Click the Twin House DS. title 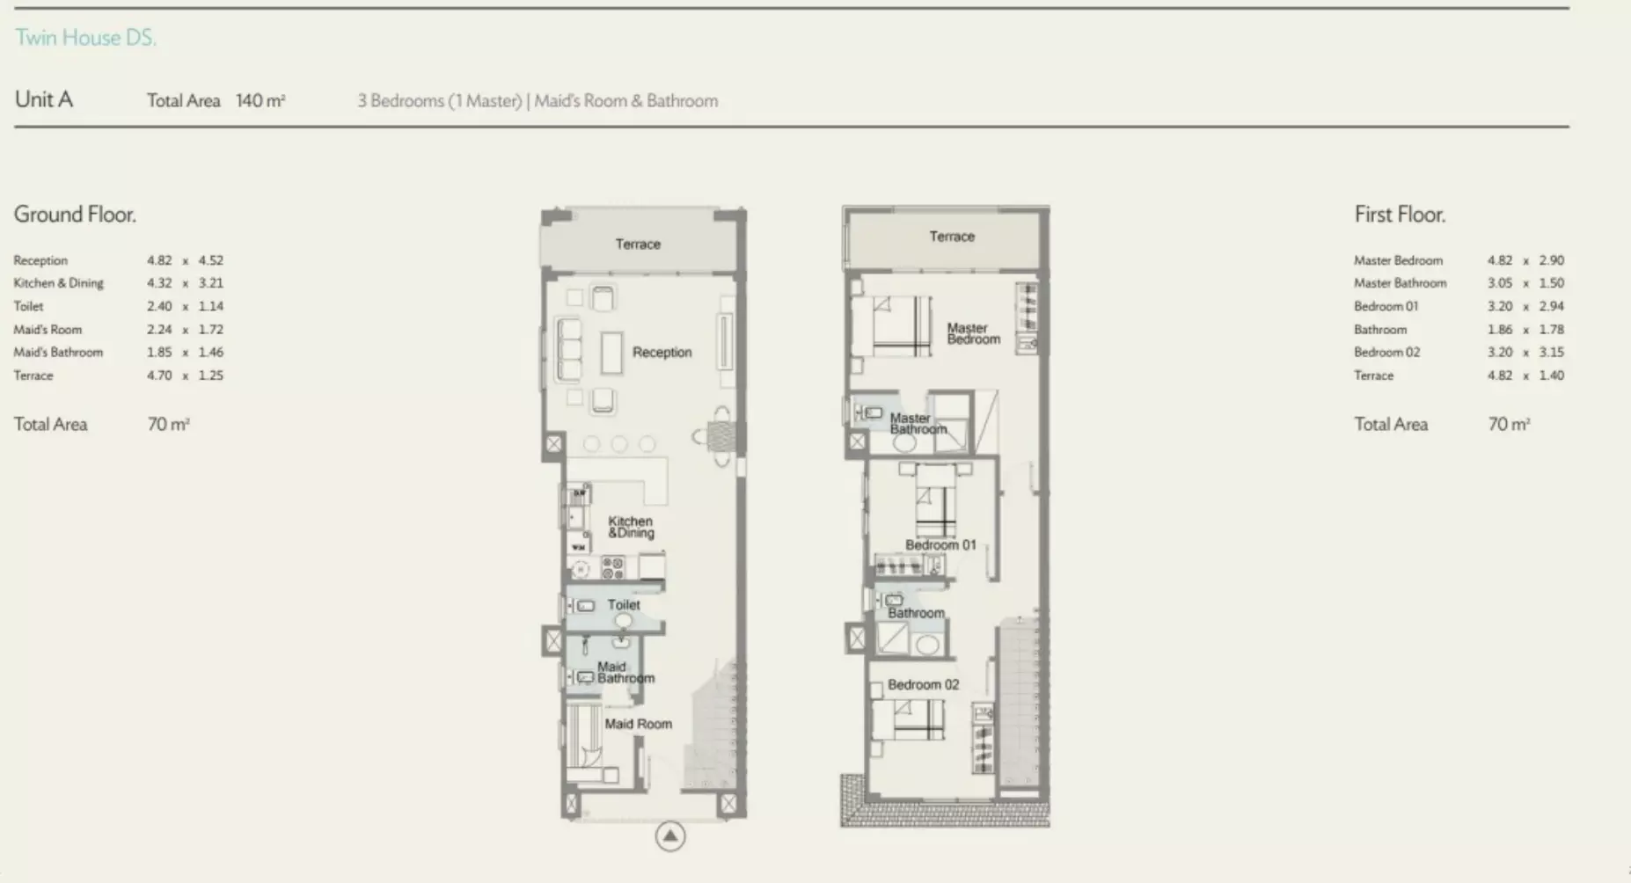point(85,38)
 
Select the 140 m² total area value point(260,100)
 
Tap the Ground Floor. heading point(75,215)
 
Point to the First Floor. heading point(1400,215)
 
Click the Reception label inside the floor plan point(662,352)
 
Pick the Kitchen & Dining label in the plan point(631,527)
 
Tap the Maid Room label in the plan point(638,724)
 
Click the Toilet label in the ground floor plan point(624,605)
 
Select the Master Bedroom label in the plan point(973,333)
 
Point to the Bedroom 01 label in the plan point(940,545)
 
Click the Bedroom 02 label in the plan point(923,684)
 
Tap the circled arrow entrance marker point(669,836)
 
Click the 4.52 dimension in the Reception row point(210,260)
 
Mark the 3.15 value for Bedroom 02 point(1551,352)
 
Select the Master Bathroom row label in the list point(1400,283)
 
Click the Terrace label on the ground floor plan point(638,244)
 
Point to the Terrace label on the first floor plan point(952,237)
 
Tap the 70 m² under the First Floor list point(1509,424)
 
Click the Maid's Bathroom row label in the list point(58,352)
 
